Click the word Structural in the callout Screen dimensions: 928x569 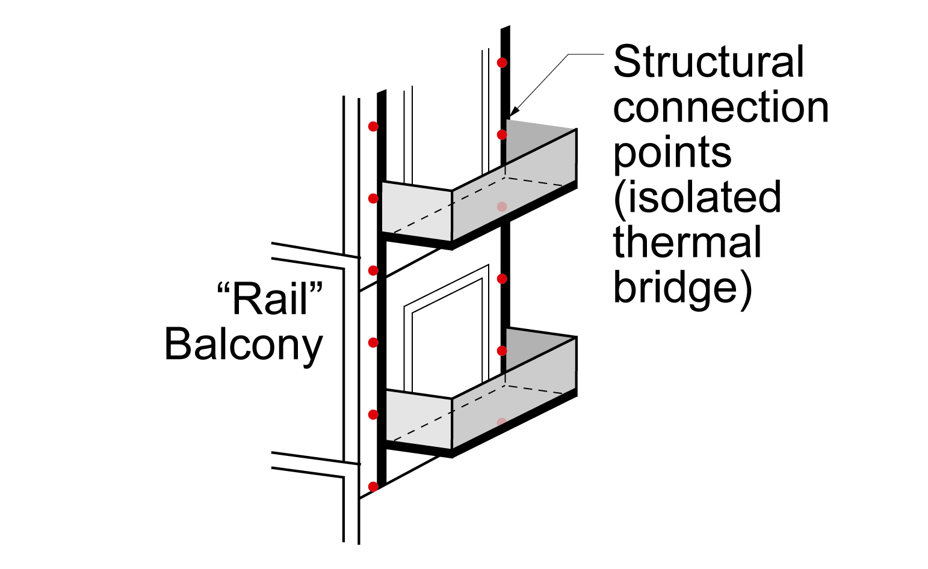tap(708, 61)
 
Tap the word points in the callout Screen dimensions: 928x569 tap(672, 154)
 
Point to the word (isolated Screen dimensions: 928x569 tap(698, 197)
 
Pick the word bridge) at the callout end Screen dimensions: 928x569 tap(682, 289)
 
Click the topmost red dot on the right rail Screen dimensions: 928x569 tap(502, 63)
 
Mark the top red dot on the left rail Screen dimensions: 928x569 tap(373, 126)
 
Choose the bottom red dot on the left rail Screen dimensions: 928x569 tap(373, 487)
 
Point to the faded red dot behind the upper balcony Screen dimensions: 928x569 tap(502, 207)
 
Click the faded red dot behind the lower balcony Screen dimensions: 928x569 tap(502, 422)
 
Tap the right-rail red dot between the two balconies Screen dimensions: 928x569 tap(502, 279)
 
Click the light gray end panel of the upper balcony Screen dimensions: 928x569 tap(416, 211)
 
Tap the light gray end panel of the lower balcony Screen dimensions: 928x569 tap(418, 419)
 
